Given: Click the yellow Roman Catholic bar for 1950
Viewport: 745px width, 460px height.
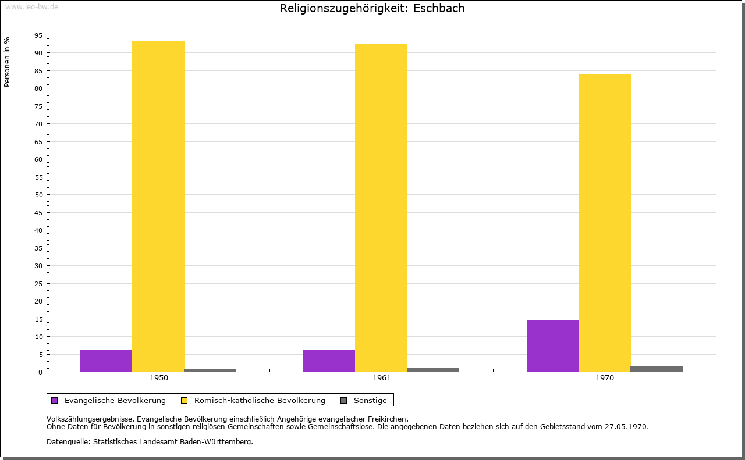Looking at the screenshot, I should click(158, 206).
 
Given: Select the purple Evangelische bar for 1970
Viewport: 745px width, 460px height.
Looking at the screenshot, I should click(552, 346).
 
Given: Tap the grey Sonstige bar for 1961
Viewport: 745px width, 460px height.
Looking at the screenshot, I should click(433, 369).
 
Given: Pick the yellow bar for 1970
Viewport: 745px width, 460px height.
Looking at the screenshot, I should click(604, 223).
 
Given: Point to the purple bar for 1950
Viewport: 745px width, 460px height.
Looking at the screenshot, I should click(106, 361).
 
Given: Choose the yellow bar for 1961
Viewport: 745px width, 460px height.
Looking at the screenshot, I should click(381, 208).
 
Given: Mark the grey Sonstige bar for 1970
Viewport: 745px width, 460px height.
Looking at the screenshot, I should click(657, 369).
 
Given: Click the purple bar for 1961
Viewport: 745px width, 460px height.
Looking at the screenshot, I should click(329, 361).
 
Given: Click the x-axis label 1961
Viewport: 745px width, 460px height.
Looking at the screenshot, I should click(382, 378).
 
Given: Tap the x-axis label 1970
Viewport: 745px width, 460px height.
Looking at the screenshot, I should click(605, 378).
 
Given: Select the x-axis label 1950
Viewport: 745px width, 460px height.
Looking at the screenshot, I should click(159, 378).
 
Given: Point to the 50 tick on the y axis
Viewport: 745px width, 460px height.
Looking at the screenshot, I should click(39, 195).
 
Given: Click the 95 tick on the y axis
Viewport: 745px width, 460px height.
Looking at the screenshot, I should click(39, 35).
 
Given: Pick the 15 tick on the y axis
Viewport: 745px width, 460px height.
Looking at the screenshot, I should click(39, 319).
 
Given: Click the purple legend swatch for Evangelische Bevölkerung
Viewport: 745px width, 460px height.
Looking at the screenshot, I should click(55, 400).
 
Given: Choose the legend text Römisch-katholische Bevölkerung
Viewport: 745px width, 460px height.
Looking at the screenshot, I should click(260, 400).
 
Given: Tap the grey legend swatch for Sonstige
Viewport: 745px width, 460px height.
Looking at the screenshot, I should click(343, 400).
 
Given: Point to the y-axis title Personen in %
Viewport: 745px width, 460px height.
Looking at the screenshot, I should click(7, 62).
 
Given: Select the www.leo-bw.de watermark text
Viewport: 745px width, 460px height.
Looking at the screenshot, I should click(31, 6).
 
